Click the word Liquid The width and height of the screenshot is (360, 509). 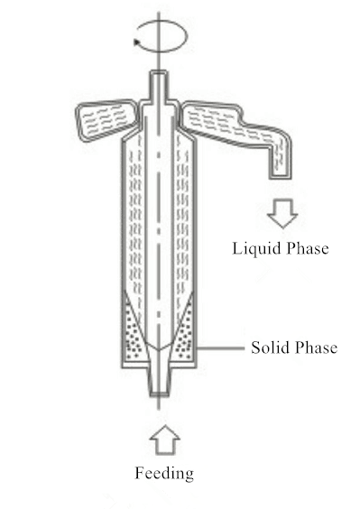pyautogui.click(x=253, y=248)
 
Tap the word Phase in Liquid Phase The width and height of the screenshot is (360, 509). pyautogui.click(x=305, y=248)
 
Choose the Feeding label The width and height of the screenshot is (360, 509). pyautogui.click(x=164, y=472)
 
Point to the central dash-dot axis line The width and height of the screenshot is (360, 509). pyautogui.click(x=159, y=226)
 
